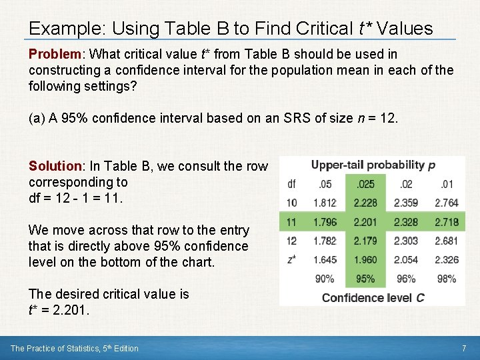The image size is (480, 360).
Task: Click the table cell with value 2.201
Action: coord(365,222)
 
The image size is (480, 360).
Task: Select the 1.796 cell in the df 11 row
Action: coord(325,222)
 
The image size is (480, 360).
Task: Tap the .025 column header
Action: coord(365,184)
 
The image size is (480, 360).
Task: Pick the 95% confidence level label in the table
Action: coord(365,279)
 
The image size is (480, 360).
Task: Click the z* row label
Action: coord(292,260)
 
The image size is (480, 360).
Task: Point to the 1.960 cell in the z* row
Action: coord(365,260)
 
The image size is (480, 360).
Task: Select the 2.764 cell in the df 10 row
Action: coord(446,203)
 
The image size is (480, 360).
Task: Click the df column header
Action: coord(292,184)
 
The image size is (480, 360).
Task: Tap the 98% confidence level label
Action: coord(446,279)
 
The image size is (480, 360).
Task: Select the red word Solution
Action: coord(54,166)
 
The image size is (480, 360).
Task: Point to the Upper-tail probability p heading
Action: coord(373,165)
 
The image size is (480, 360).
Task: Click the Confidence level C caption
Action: coord(373,297)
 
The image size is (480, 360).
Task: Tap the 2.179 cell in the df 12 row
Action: coord(365,241)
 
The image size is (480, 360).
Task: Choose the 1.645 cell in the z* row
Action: coord(325,260)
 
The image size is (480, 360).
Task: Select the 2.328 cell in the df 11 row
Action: coord(406,222)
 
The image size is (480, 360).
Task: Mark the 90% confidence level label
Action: coord(325,279)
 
